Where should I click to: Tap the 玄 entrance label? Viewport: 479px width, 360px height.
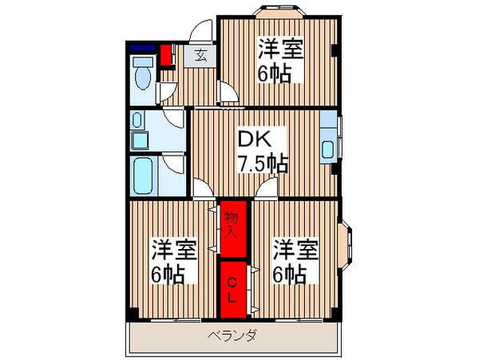pyautogui.click(x=200, y=56)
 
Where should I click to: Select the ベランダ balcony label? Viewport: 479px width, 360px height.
pyautogui.click(x=233, y=336)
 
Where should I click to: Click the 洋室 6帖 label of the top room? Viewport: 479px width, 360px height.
pyautogui.click(x=279, y=60)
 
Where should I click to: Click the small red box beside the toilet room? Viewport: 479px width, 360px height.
pyautogui.click(x=167, y=56)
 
